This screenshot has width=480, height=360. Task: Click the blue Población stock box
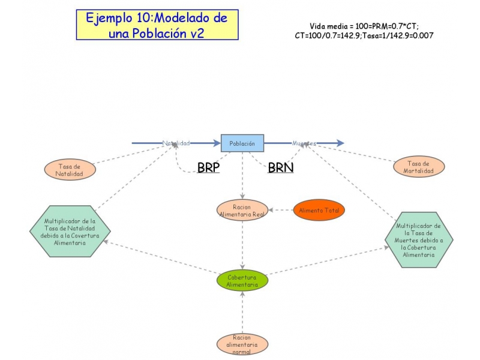pos(242,143)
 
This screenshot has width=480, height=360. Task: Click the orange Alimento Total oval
pos(319,210)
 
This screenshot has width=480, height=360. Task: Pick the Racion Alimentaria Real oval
pos(242,211)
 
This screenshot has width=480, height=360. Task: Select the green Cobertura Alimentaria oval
pos(242,281)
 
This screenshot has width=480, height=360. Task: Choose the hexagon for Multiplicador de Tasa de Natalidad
pos(70,231)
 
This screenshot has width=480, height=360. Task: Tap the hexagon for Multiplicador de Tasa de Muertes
pos(419,239)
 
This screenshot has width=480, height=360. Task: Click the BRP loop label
pos(208,167)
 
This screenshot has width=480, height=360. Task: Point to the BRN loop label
pos(280,167)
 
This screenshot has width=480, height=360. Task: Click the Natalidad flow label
pos(176,143)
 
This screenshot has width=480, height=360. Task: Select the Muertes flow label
pos(304,143)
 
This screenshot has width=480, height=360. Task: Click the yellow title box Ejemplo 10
pos(157,25)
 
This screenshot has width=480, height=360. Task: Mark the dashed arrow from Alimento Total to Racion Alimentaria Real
pos(280,210)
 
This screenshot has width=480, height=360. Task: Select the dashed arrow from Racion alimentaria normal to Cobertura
pos(242,313)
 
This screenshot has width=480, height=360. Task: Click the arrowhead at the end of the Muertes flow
pos(340,143)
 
